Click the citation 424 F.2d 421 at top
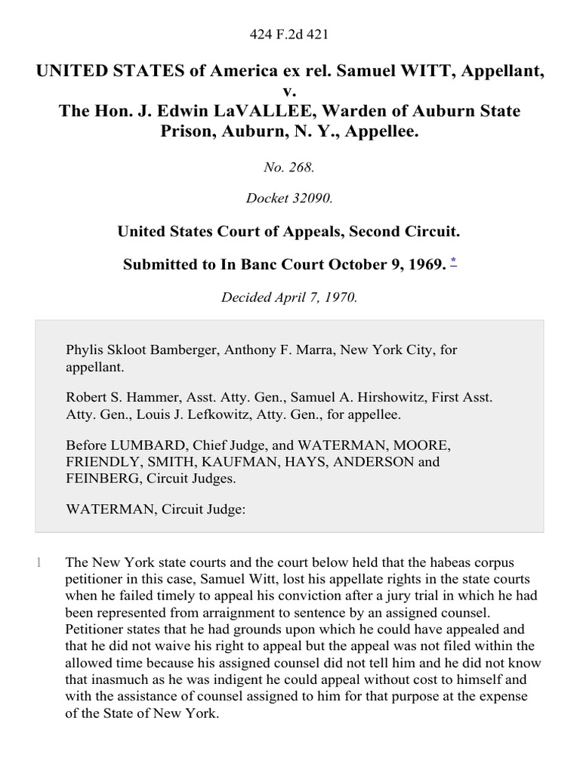[289, 34]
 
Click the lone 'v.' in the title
[290, 92]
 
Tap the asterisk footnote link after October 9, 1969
[453, 261]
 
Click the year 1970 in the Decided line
[340, 297]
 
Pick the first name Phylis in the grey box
[85, 350]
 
